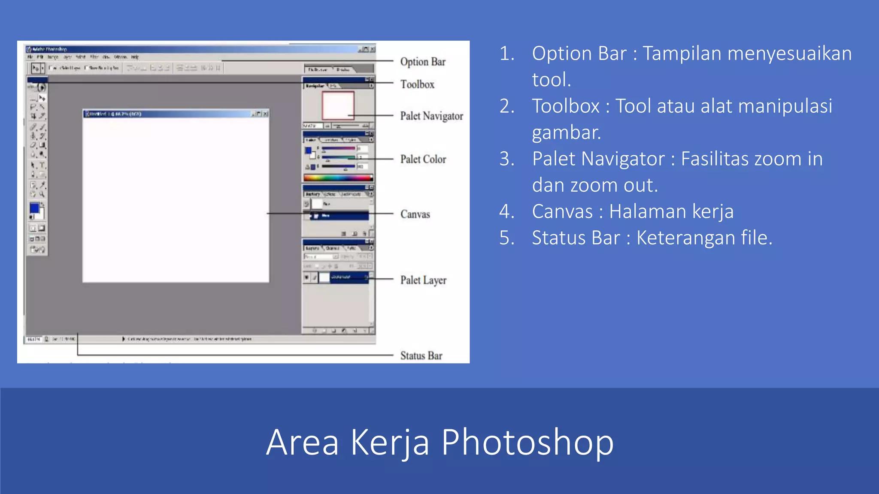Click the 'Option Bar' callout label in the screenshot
click(423, 62)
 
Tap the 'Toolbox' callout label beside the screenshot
click(417, 84)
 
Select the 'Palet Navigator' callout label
click(431, 116)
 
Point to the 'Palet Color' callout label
click(423, 159)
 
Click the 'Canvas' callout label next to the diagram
click(415, 214)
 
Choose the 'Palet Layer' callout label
click(423, 280)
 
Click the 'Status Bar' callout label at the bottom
click(421, 355)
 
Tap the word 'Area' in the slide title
click(302, 443)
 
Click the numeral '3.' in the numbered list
click(507, 159)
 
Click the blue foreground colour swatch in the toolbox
click(34, 208)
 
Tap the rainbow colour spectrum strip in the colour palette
click(338, 178)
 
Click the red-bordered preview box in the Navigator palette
click(338, 105)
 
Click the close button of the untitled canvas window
click(266, 114)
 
